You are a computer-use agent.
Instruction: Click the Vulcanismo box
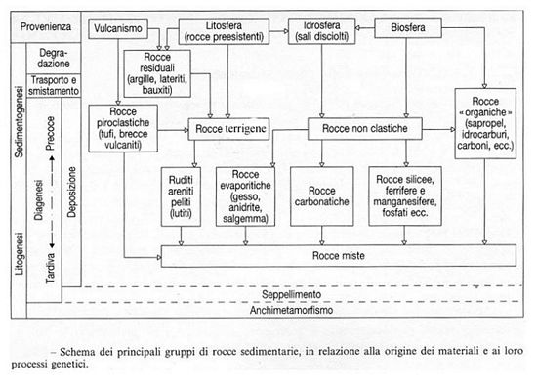click(x=121, y=30)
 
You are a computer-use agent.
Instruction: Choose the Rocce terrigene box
click(x=227, y=127)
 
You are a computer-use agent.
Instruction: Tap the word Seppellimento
click(x=290, y=293)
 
